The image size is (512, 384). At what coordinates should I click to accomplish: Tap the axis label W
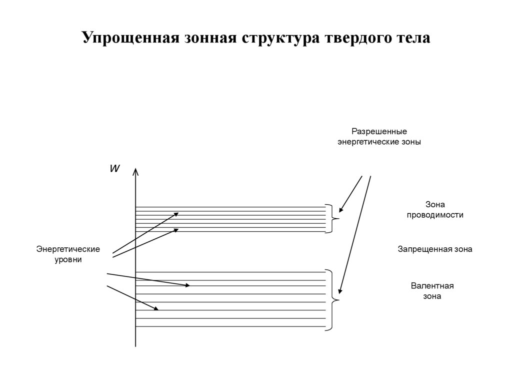point(114,169)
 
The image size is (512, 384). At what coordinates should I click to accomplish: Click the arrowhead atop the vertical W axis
point(135,172)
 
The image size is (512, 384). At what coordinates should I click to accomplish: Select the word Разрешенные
point(379,132)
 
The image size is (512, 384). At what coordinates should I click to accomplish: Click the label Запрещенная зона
point(434,249)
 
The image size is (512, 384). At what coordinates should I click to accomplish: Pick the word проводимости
point(435,215)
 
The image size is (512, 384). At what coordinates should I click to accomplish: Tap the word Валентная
point(432,286)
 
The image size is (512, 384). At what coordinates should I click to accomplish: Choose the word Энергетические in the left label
point(68,249)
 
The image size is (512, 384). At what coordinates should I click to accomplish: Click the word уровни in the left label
point(68,260)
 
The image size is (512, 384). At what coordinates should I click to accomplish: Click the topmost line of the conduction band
point(230,207)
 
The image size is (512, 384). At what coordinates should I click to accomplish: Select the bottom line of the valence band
point(230,327)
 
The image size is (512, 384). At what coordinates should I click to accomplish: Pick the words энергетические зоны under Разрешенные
point(379,142)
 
